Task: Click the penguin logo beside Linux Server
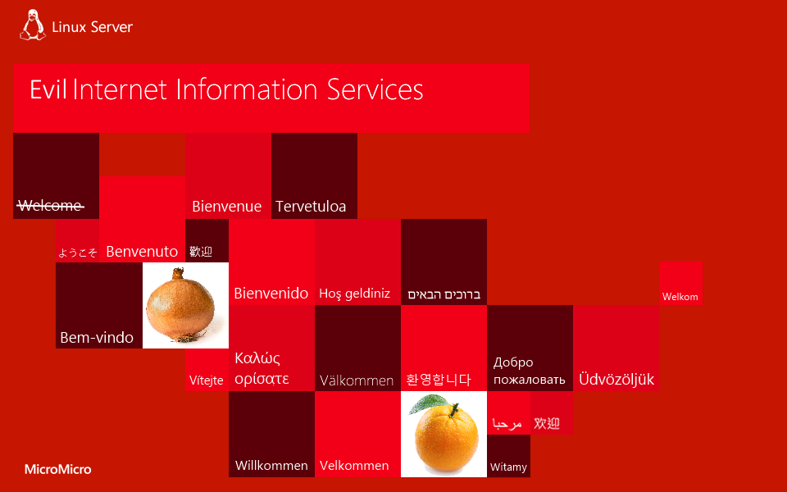[x=32, y=25]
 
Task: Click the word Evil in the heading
[x=48, y=89]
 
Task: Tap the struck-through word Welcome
[x=51, y=206]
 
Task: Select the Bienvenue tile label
[x=226, y=207]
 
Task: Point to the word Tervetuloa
[x=311, y=207]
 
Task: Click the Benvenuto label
[x=142, y=251]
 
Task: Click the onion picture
[x=180, y=307]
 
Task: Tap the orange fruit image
[x=445, y=435]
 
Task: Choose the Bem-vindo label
[x=97, y=337]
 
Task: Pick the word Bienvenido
[x=271, y=293]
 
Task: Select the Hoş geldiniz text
[x=354, y=294]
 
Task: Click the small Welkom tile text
[x=680, y=297]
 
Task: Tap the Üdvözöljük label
[x=616, y=380]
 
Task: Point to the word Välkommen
[x=357, y=380]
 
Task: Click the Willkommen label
[x=271, y=466]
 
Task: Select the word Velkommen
[x=354, y=466]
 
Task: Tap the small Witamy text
[x=508, y=467]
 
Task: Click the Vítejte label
[x=207, y=380]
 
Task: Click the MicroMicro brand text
[x=57, y=470]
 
